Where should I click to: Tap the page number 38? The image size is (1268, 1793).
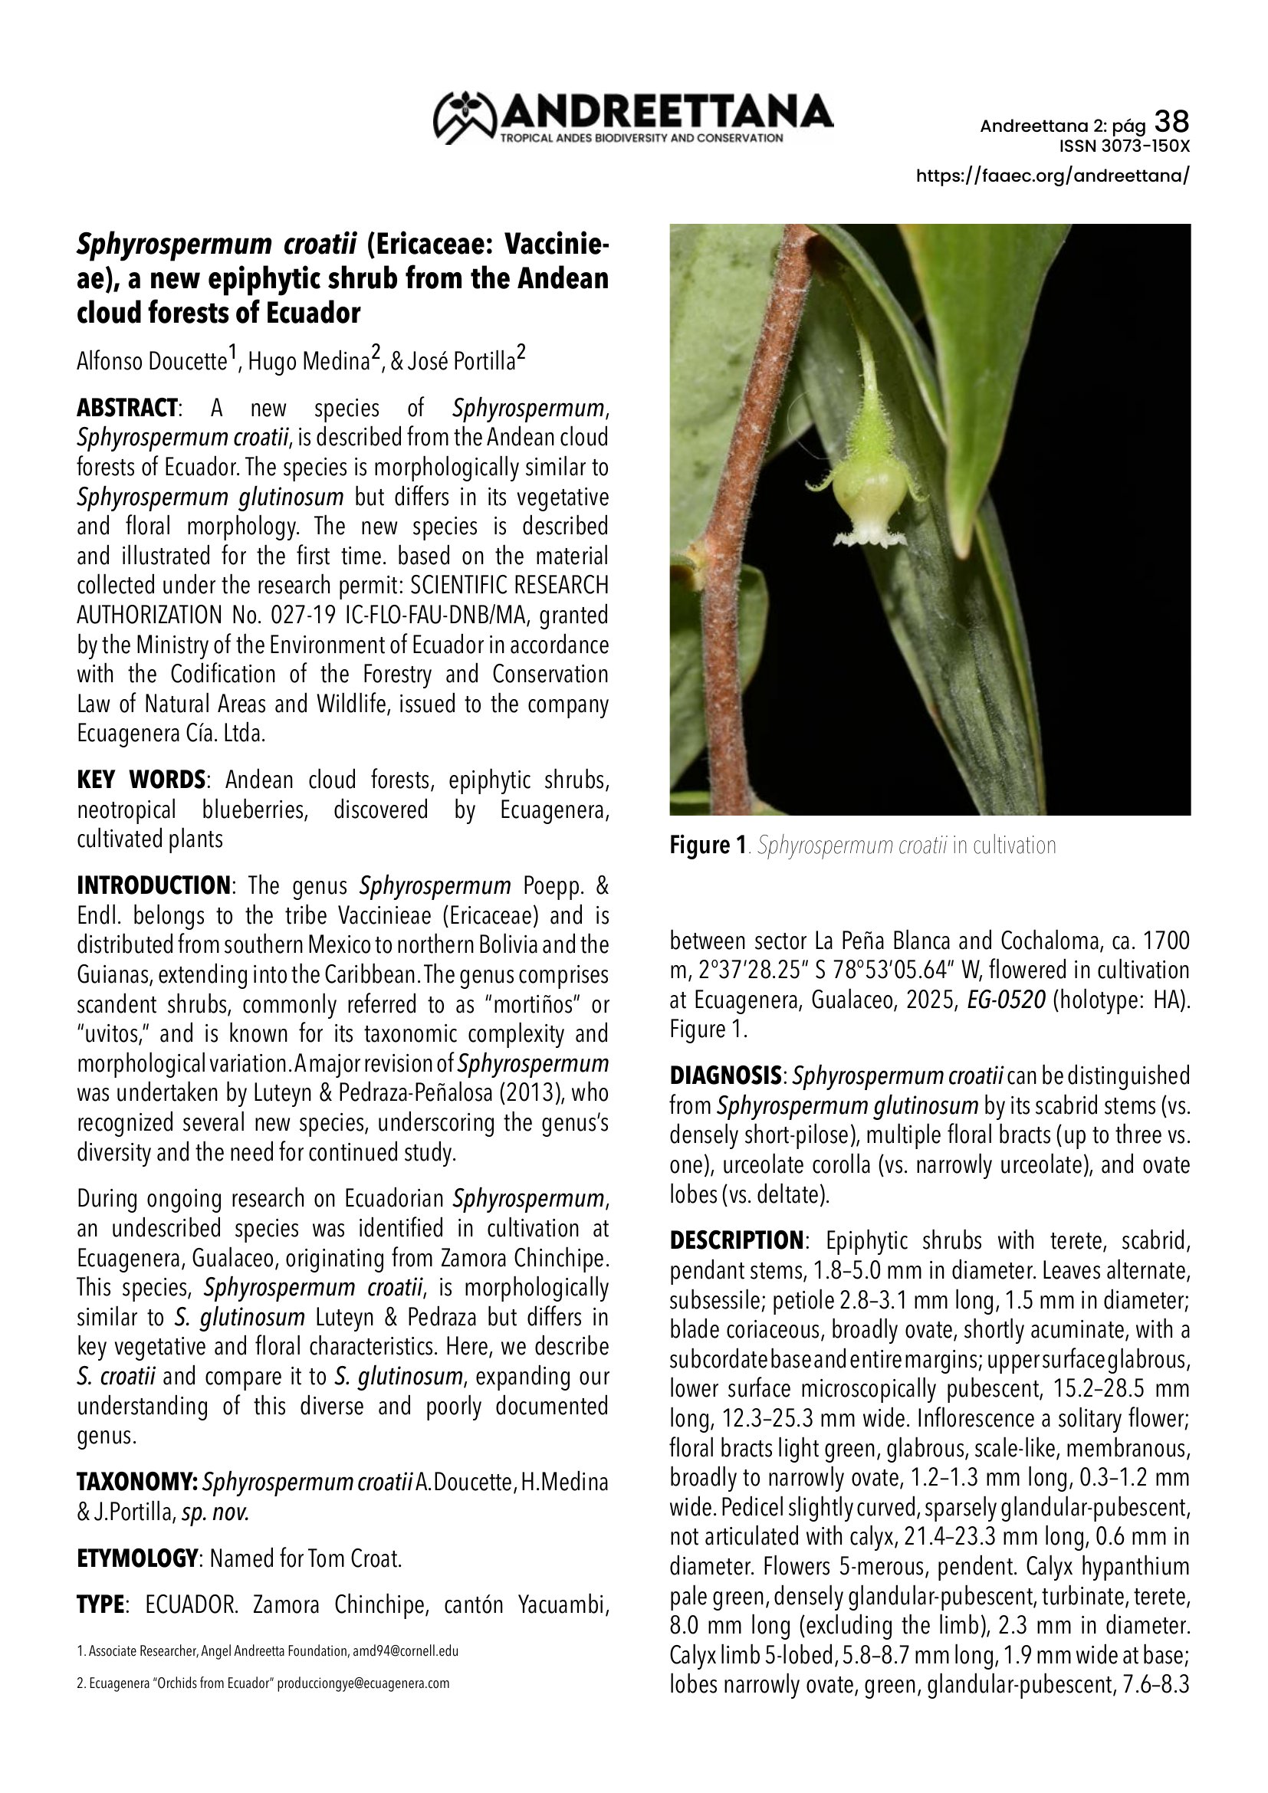coord(1171,122)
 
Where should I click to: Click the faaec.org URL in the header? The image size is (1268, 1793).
coord(1053,176)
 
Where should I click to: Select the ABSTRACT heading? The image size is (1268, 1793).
coord(127,409)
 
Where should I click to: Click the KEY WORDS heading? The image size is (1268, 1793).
coord(140,780)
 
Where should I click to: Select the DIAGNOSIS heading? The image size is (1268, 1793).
coord(724,1076)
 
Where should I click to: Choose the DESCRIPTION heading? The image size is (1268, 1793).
coord(735,1241)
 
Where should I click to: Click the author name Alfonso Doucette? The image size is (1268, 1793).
coord(152,362)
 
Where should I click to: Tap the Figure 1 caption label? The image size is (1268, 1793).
coord(708,846)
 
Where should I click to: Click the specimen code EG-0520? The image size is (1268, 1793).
coord(1006,1000)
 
